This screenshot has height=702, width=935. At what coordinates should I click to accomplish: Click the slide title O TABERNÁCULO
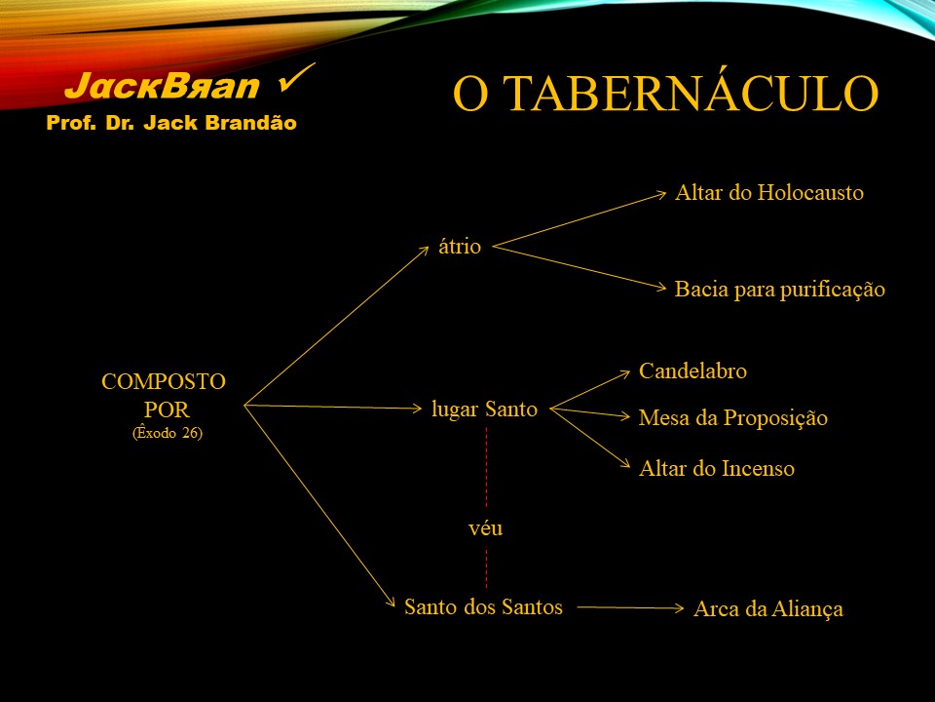665,94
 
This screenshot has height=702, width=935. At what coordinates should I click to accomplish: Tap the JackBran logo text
162,86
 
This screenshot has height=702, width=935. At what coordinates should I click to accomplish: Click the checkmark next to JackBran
296,78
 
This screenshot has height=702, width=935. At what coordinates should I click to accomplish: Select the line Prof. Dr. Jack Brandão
171,123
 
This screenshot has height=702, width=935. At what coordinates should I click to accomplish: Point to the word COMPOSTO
164,381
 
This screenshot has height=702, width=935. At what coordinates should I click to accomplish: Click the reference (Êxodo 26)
168,432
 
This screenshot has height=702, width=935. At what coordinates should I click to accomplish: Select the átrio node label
460,246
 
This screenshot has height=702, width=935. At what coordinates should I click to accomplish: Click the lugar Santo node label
484,409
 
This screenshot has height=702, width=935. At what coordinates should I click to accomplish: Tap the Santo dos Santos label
484,607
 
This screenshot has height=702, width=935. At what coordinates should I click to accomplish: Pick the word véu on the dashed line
485,528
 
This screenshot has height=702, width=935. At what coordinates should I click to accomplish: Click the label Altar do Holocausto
769,193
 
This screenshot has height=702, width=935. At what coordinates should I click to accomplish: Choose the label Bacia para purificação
780,290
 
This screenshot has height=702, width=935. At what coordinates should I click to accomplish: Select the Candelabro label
692,370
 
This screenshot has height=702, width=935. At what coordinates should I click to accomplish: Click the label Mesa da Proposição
733,418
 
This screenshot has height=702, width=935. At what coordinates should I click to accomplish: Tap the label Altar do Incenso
717,469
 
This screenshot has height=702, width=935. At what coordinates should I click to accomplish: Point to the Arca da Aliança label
768,608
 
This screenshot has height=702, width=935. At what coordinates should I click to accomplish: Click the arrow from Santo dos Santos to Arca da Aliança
630,607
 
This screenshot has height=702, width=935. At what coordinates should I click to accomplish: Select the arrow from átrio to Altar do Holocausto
579,219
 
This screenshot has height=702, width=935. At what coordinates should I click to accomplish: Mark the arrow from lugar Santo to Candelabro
590,390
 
